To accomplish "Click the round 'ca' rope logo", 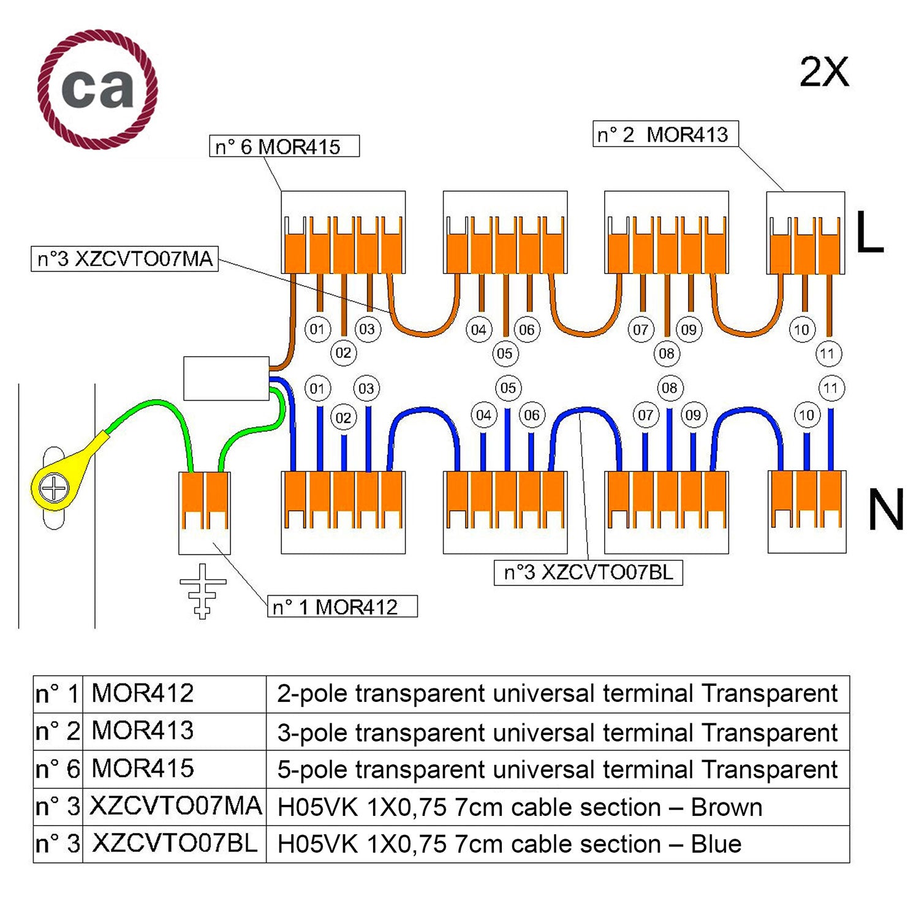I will click(x=97, y=89).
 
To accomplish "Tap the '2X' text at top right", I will click(x=824, y=72).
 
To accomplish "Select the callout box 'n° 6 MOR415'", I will click(x=284, y=146).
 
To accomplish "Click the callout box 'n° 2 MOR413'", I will click(x=665, y=134).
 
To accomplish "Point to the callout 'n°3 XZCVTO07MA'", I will click(x=125, y=259).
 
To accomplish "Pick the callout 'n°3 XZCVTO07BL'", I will click(x=588, y=573).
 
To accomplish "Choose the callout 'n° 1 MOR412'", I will click(x=342, y=607).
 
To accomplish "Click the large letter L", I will click(x=869, y=232).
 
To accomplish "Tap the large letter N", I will click(x=886, y=510).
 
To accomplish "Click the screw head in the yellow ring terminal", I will click(x=54, y=489).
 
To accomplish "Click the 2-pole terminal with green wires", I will click(x=205, y=512).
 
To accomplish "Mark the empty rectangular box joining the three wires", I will click(x=226, y=378).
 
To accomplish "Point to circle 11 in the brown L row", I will click(x=828, y=353).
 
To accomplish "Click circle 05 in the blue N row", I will click(x=508, y=388).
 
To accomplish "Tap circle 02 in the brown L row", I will click(x=343, y=352).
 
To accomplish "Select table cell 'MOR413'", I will click(x=143, y=731).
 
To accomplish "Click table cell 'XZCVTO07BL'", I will click(x=175, y=843).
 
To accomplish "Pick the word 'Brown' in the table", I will click(x=727, y=807).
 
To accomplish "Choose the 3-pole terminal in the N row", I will click(x=807, y=512).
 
